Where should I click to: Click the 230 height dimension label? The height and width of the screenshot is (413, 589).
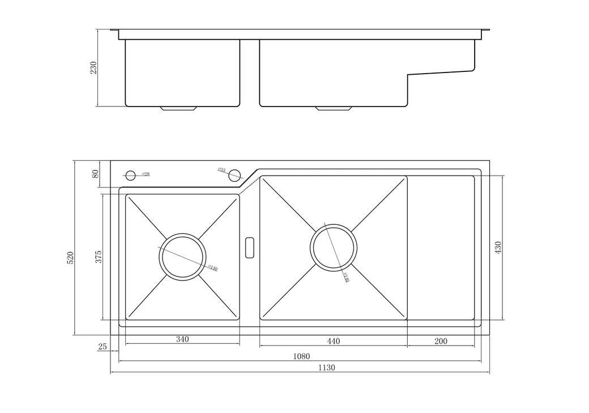(x=94, y=67)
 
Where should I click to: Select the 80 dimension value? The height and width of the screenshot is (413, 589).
(x=95, y=174)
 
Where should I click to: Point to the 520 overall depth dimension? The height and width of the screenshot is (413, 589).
(x=70, y=257)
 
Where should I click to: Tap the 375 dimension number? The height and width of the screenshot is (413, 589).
(x=98, y=257)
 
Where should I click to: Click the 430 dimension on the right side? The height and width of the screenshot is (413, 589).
(x=498, y=248)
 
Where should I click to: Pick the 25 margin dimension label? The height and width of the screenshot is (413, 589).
(x=103, y=347)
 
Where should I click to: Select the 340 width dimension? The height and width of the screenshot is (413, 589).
(x=182, y=340)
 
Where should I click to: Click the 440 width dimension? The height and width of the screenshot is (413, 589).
(x=333, y=341)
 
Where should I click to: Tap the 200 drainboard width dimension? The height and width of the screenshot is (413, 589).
(x=441, y=341)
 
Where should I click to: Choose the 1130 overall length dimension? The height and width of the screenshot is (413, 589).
(x=327, y=367)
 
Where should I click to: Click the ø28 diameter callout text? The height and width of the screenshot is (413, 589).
(x=146, y=174)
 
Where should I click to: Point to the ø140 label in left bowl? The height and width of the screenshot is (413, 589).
(x=212, y=267)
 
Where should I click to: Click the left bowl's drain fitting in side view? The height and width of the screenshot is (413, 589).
(x=179, y=108)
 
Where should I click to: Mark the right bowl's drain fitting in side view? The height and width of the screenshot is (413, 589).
(x=334, y=108)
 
